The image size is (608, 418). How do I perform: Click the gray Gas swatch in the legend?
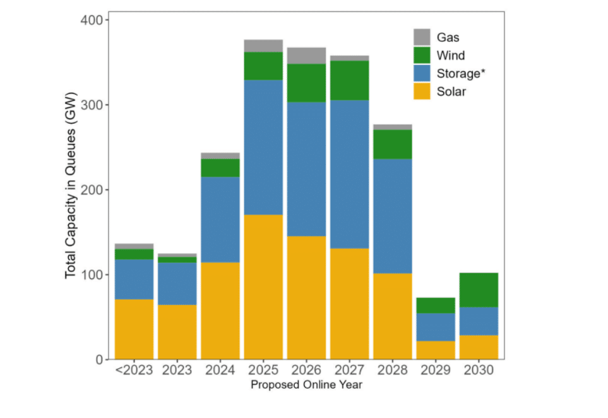click(422, 37)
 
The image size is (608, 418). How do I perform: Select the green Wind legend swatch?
click(422, 56)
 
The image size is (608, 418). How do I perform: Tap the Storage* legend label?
click(461, 73)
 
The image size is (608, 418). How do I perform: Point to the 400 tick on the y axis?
click(93, 20)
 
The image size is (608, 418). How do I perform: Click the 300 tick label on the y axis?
click(93, 105)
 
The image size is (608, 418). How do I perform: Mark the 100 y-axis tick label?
click(93, 275)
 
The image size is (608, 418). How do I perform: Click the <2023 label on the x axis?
click(134, 370)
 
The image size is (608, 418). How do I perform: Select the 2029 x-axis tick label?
click(436, 370)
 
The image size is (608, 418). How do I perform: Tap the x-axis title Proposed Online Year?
click(306, 385)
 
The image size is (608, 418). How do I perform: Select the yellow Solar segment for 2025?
click(263, 287)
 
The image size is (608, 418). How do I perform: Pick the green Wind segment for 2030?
click(479, 290)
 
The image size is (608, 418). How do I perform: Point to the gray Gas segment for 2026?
click(306, 56)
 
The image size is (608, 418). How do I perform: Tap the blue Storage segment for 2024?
click(220, 220)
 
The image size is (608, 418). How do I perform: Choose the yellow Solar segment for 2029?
click(436, 350)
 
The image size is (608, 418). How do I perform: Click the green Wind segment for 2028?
click(393, 144)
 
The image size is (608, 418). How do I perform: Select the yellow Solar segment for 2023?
click(177, 332)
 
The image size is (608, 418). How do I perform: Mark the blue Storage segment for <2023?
click(134, 279)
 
